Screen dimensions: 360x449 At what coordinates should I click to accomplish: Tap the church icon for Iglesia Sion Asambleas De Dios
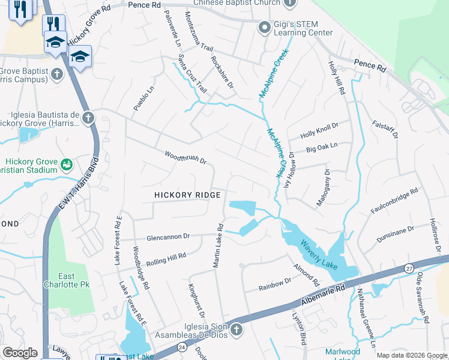pos(237,329)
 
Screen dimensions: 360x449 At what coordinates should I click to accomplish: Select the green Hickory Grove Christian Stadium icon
pos(67,163)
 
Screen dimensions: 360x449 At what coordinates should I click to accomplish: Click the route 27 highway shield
pos(408,268)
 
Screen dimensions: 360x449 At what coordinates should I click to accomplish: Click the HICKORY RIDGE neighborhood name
pos(187,195)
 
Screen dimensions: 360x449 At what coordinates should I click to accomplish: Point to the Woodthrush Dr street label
pos(185,158)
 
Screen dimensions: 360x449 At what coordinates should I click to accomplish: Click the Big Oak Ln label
pos(322,146)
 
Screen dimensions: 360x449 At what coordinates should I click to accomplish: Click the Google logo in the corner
pos(20,353)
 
